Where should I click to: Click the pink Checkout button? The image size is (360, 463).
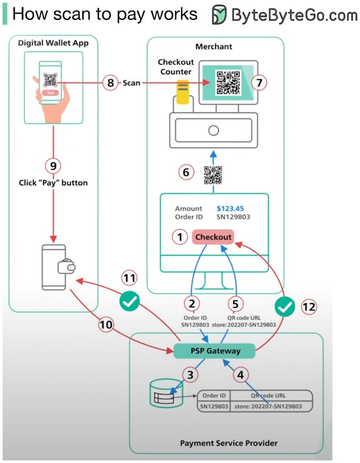pyautogui.click(x=213, y=237)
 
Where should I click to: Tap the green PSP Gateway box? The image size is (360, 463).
pyautogui.click(x=215, y=351)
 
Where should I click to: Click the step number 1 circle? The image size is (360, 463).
pyautogui.click(x=181, y=237)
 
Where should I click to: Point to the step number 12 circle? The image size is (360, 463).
pyautogui.click(x=309, y=306)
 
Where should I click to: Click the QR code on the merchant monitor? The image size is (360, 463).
pyautogui.click(x=228, y=82)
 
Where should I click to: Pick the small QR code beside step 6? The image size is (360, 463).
pyautogui.click(x=213, y=174)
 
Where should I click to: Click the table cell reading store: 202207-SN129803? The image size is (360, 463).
pyautogui.click(x=269, y=406)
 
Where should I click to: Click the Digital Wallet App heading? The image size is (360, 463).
pyautogui.click(x=53, y=43)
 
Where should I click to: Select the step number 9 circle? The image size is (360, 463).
pyautogui.click(x=53, y=166)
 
